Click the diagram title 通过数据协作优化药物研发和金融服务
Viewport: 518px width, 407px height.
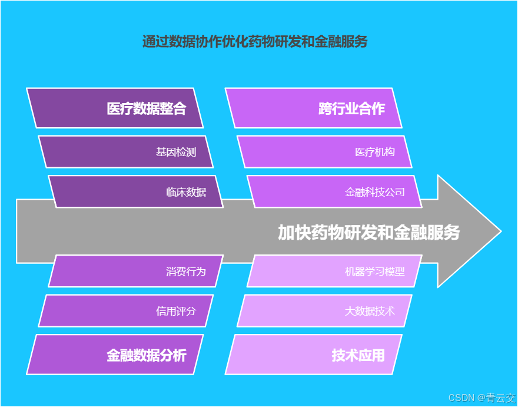(255, 42)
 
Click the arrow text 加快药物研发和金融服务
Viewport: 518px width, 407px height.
(368, 232)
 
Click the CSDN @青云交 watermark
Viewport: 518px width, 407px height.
(482, 398)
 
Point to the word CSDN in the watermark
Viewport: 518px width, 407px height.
(461, 398)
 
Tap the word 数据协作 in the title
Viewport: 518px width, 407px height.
(196, 42)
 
